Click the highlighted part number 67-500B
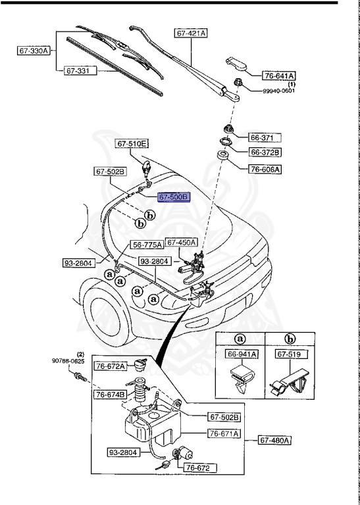(x=173, y=197)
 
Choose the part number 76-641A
(x=280, y=76)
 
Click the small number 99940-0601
(x=279, y=91)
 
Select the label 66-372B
(x=265, y=153)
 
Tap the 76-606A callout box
(x=265, y=169)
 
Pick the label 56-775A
(x=147, y=245)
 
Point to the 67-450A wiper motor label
(x=181, y=242)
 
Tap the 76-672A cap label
(x=110, y=366)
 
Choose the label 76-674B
(x=110, y=395)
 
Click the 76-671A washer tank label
(x=224, y=433)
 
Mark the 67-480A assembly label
(x=274, y=439)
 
